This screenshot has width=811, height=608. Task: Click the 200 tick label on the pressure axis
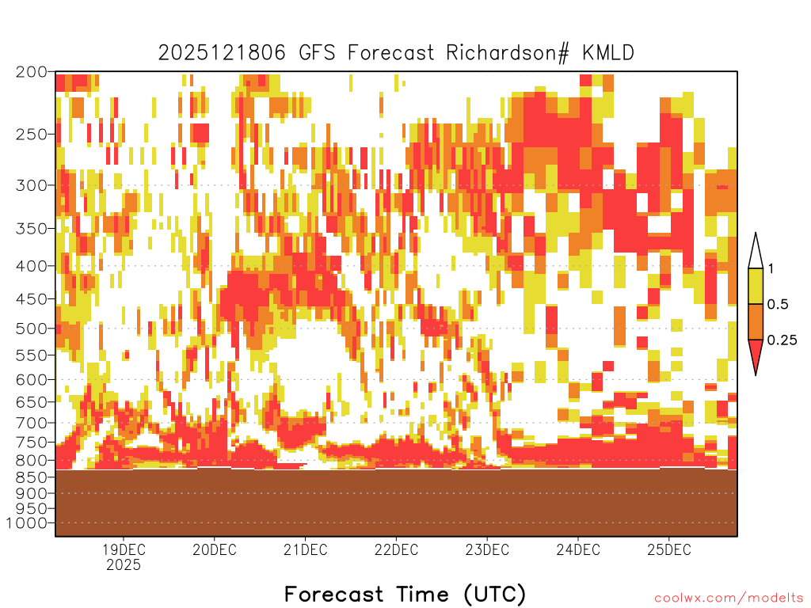coord(31,71)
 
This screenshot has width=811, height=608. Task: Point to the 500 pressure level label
coord(31,329)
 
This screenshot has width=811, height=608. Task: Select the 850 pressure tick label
coord(31,477)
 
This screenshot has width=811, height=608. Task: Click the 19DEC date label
coord(124,549)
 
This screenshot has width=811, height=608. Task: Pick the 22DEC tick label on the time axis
coord(396,549)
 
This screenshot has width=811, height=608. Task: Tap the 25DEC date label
coord(669,549)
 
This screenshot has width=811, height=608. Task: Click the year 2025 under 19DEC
coord(124,565)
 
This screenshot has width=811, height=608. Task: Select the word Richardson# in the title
coord(508,53)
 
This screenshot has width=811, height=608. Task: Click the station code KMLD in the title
coord(608,53)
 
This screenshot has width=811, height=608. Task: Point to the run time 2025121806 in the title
coord(222,53)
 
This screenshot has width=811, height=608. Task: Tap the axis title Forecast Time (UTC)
coord(405,595)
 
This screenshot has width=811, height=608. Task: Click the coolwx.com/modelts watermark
coord(729,598)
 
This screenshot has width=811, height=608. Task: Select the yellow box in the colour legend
coord(756,286)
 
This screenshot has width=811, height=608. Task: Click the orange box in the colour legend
coord(756,321)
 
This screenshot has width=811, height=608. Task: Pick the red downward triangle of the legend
coord(756,354)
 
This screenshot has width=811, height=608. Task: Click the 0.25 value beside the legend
coord(782,340)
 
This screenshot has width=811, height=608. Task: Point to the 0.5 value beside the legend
coord(778,305)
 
